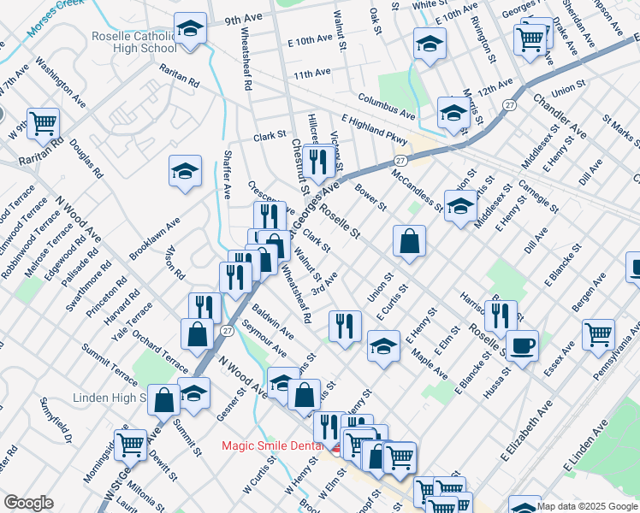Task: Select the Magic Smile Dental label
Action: tap(273, 445)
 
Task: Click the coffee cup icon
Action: tap(522, 346)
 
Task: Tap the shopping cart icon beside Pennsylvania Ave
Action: tap(598, 334)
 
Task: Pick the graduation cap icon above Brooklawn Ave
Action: tap(185, 172)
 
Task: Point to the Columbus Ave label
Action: tap(387, 107)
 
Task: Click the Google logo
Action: tap(29, 502)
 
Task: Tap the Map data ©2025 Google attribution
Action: tap(587, 505)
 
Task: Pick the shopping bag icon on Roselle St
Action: tap(410, 242)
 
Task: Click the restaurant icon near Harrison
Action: tap(500, 315)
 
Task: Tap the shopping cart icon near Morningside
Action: tap(130, 444)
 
